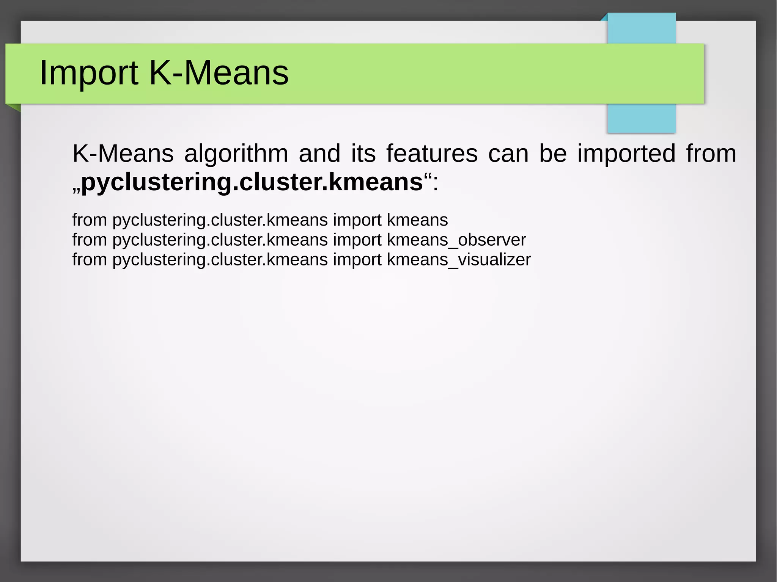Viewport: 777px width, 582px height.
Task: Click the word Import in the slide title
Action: (89, 73)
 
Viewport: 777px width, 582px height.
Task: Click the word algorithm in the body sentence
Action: (236, 154)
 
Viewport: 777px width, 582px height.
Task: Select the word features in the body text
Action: (432, 154)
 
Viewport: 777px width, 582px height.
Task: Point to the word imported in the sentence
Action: (626, 154)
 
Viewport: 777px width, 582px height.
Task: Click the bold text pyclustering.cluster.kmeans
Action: (252, 182)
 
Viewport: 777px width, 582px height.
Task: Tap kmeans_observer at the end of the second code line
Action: (456, 240)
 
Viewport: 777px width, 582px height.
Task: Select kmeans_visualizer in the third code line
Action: (458, 260)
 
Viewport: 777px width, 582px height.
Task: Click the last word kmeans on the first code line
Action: (417, 220)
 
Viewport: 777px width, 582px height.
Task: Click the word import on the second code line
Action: (357, 240)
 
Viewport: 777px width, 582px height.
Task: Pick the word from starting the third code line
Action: (90, 260)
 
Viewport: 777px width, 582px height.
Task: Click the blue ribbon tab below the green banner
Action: (641, 118)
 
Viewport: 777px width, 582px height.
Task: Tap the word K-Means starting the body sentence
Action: (123, 154)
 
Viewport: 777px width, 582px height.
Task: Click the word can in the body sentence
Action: (508, 154)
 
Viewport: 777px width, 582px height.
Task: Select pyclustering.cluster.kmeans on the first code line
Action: (220, 220)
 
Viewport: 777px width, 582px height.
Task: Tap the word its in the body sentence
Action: (363, 154)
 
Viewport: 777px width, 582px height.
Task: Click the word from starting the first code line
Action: (90, 220)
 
